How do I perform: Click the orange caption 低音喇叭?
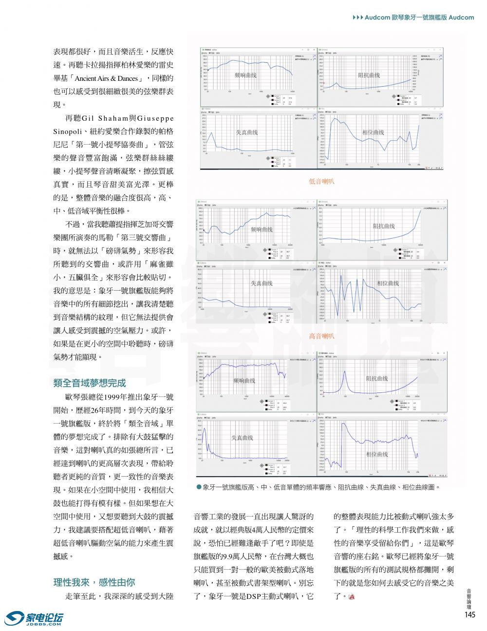click(321, 182)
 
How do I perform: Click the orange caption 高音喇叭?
click(321, 336)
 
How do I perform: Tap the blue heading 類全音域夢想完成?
click(90, 383)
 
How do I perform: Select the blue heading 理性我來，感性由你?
click(94, 582)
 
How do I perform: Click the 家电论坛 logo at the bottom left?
click(34, 618)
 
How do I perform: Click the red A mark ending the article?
click(352, 596)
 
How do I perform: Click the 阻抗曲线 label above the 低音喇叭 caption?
click(369, 75)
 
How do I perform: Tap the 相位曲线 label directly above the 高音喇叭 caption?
click(388, 283)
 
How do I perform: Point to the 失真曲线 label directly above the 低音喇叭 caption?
click(247, 132)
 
